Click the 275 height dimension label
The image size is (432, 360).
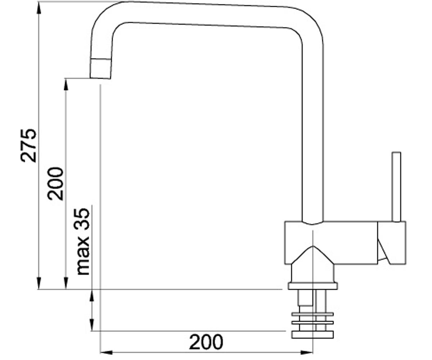pyautogui.click(x=28, y=146)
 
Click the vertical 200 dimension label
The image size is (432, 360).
pyautogui.click(x=55, y=184)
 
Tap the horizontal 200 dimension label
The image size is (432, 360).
pyautogui.click(x=206, y=342)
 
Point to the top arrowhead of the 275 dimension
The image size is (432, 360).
pyautogui.click(x=39, y=8)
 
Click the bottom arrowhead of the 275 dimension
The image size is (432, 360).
pyautogui.click(x=39, y=283)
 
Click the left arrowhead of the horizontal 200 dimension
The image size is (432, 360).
pyautogui.click(x=106, y=352)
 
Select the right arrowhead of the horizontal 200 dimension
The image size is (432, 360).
pyautogui.click(x=307, y=352)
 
